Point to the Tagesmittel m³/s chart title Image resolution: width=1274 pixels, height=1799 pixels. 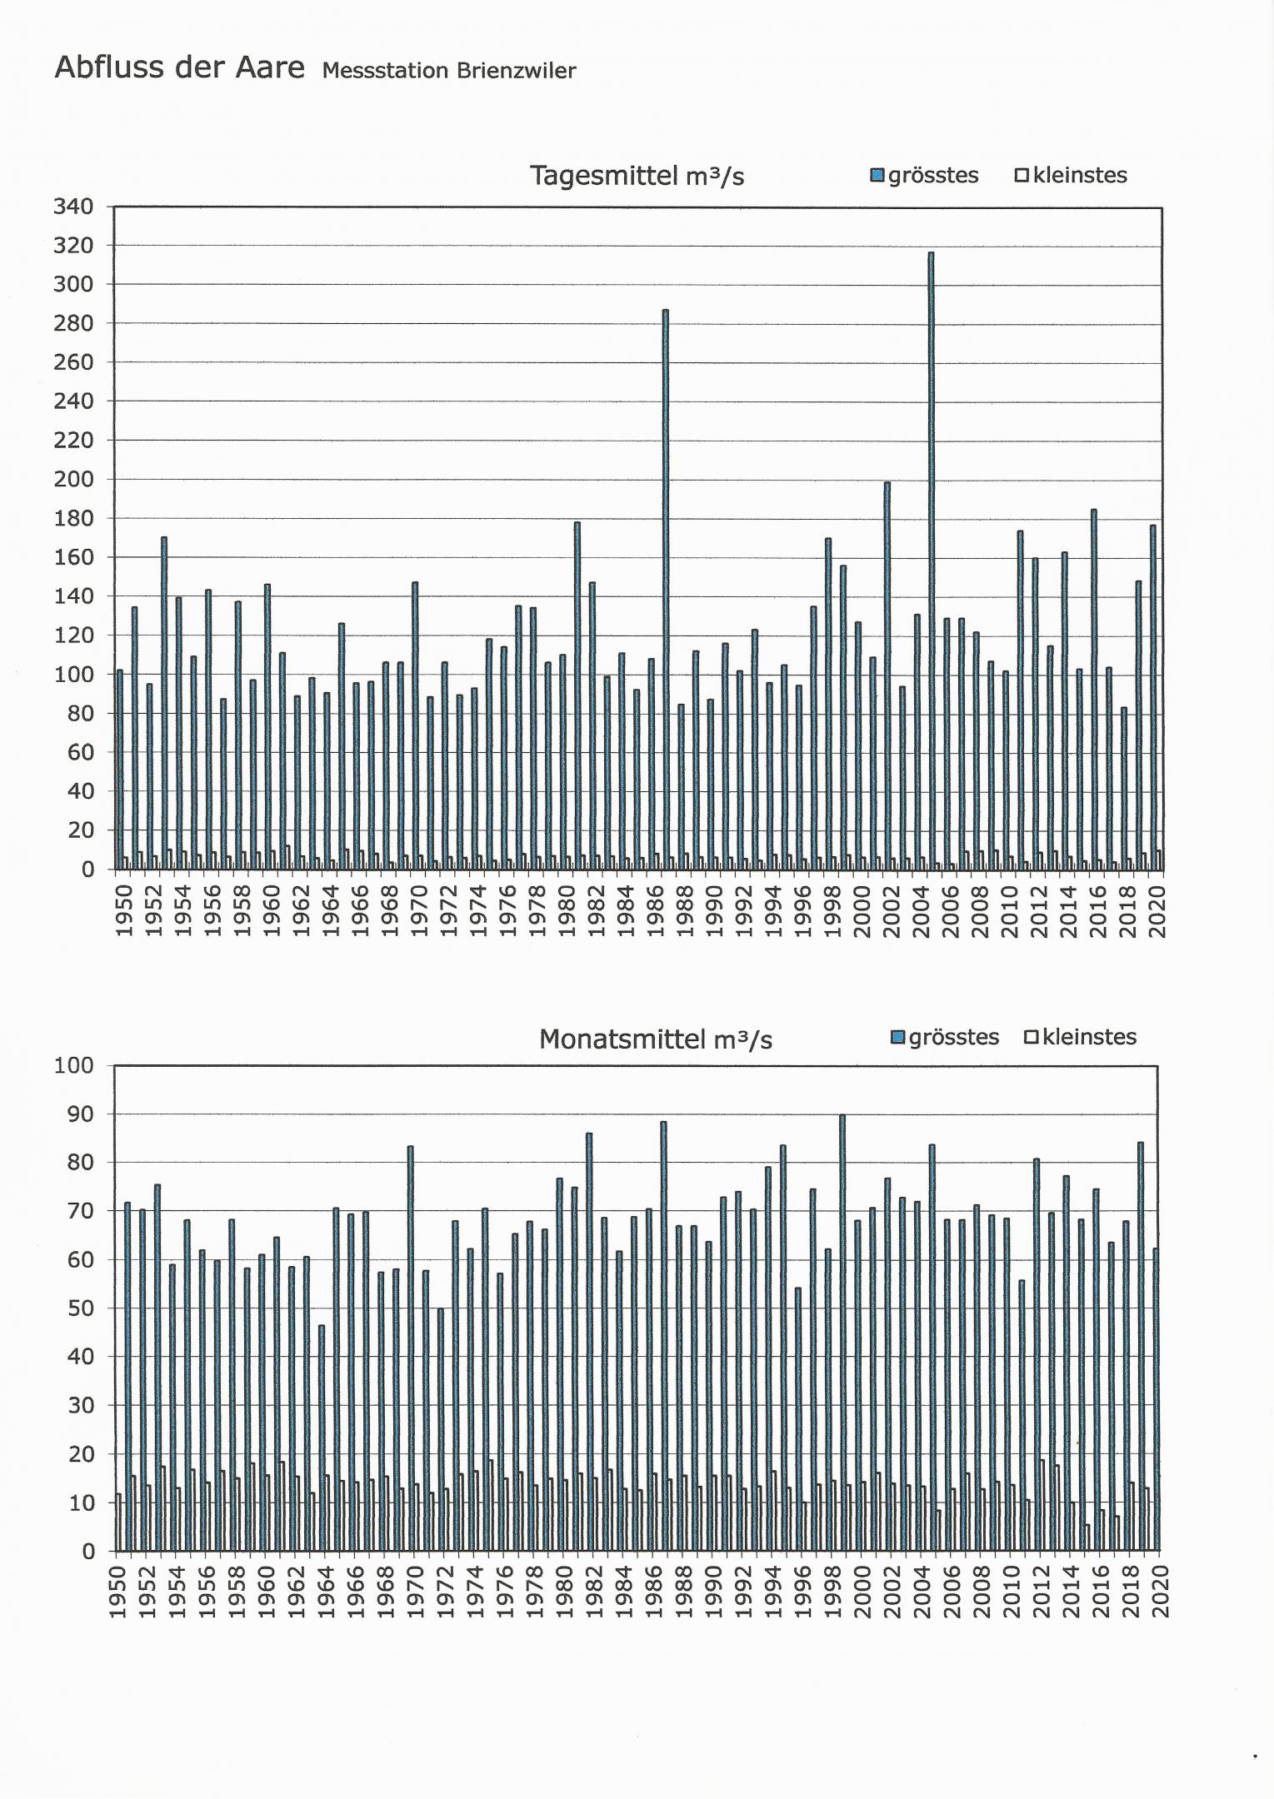pos(637,176)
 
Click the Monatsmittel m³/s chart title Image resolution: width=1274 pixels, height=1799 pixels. pos(656,1039)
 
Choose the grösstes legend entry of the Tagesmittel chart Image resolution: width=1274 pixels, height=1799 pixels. pos(925,176)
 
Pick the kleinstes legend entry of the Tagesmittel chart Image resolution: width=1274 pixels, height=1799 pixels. pos(1072,176)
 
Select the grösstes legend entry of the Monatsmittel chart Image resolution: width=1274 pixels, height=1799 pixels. pos(946,1038)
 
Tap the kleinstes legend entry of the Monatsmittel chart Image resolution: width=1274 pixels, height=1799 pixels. pos(1081,1038)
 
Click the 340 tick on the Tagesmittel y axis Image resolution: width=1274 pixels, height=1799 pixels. pos(73,207)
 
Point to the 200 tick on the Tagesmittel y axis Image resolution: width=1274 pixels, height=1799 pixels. pos(73,480)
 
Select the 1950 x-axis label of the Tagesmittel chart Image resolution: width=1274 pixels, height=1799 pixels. pos(124,911)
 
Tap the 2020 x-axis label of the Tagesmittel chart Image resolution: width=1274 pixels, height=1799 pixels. pos(1157,911)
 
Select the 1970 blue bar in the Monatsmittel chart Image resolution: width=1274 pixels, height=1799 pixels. pos(410,1349)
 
